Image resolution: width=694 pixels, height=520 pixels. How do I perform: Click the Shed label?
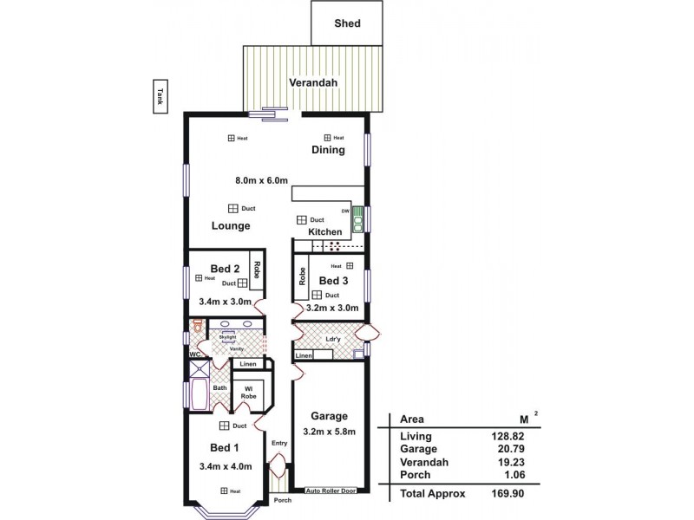[347, 23]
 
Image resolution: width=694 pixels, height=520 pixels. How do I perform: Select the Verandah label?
[312, 83]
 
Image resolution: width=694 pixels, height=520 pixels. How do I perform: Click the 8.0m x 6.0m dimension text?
[260, 181]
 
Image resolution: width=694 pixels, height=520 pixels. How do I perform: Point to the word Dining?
[329, 150]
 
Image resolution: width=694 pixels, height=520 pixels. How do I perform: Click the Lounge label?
[231, 226]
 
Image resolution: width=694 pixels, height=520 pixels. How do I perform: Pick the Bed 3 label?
[334, 281]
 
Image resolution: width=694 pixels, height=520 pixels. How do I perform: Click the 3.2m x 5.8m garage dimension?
[329, 431]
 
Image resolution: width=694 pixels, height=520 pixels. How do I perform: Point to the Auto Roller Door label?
[330, 491]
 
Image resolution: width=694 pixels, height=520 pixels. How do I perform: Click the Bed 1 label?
[224, 447]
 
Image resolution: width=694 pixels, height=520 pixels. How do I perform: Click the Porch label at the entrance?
[282, 500]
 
